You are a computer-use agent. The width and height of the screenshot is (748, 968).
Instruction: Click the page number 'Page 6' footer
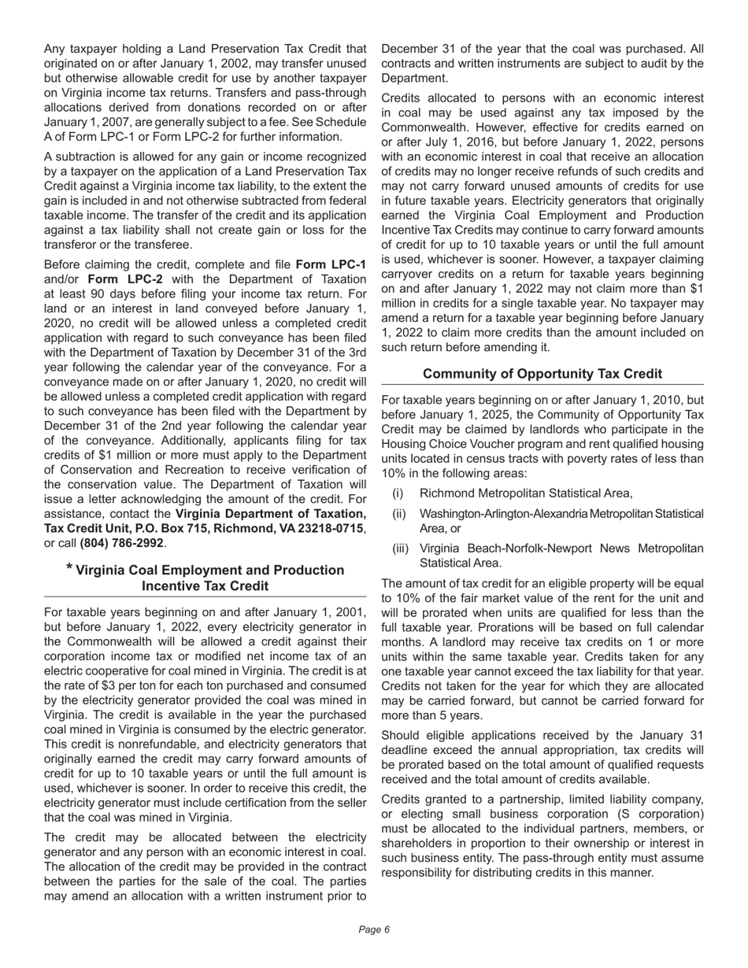click(374, 929)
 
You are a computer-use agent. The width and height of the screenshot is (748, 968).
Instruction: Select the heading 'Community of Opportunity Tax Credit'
click(542, 374)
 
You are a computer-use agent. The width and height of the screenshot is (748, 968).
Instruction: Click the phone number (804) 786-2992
click(121, 543)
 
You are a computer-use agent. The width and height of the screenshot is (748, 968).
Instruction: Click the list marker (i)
click(398, 493)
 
